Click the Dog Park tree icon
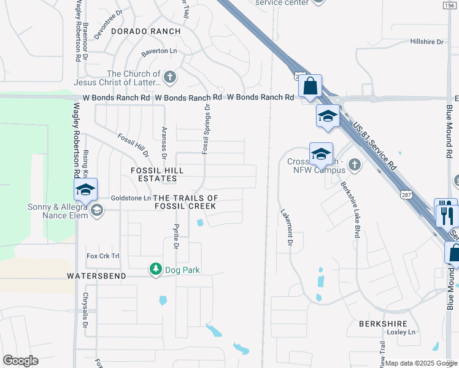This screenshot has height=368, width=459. (x=156, y=269)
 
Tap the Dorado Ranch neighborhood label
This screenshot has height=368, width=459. (x=145, y=31)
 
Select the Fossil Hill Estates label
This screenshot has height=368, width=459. (x=153, y=174)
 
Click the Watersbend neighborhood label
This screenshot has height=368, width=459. (x=96, y=277)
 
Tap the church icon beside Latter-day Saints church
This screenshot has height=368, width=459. (x=170, y=78)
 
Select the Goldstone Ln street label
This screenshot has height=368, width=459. (x=131, y=198)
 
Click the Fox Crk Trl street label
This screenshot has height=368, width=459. (x=102, y=256)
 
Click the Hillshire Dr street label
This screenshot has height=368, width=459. (x=426, y=42)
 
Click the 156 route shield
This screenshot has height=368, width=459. (x=450, y=5)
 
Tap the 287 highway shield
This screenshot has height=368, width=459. (x=406, y=195)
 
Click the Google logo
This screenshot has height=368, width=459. (x=20, y=360)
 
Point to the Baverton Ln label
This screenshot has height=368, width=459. (x=159, y=52)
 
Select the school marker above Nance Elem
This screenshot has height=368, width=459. (x=85, y=189)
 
